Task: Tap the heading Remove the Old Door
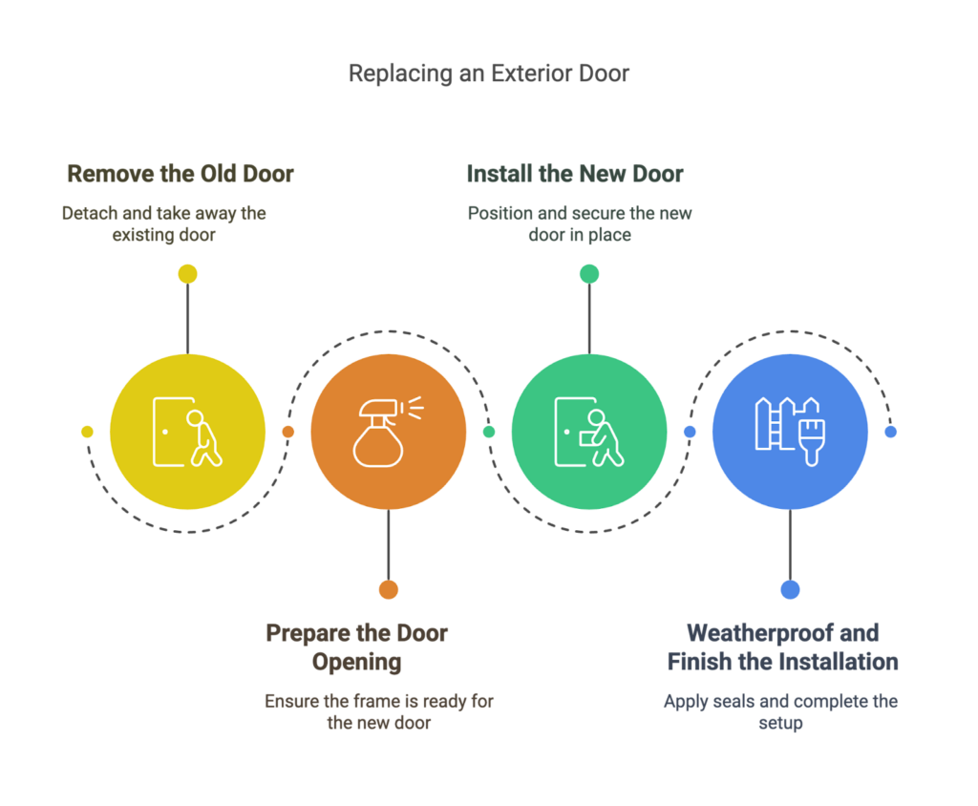tap(181, 174)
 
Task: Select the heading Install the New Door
tap(575, 174)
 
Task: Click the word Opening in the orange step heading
tap(357, 663)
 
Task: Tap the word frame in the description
tap(376, 702)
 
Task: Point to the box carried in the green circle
tap(587, 438)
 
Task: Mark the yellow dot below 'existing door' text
tap(188, 274)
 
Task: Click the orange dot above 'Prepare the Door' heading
tap(389, 589)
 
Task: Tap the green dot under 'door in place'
tap(589, 274)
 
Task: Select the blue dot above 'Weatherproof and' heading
tap(790, 589)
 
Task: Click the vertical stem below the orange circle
tap(389, 544)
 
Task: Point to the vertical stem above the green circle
tap(589, 319)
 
